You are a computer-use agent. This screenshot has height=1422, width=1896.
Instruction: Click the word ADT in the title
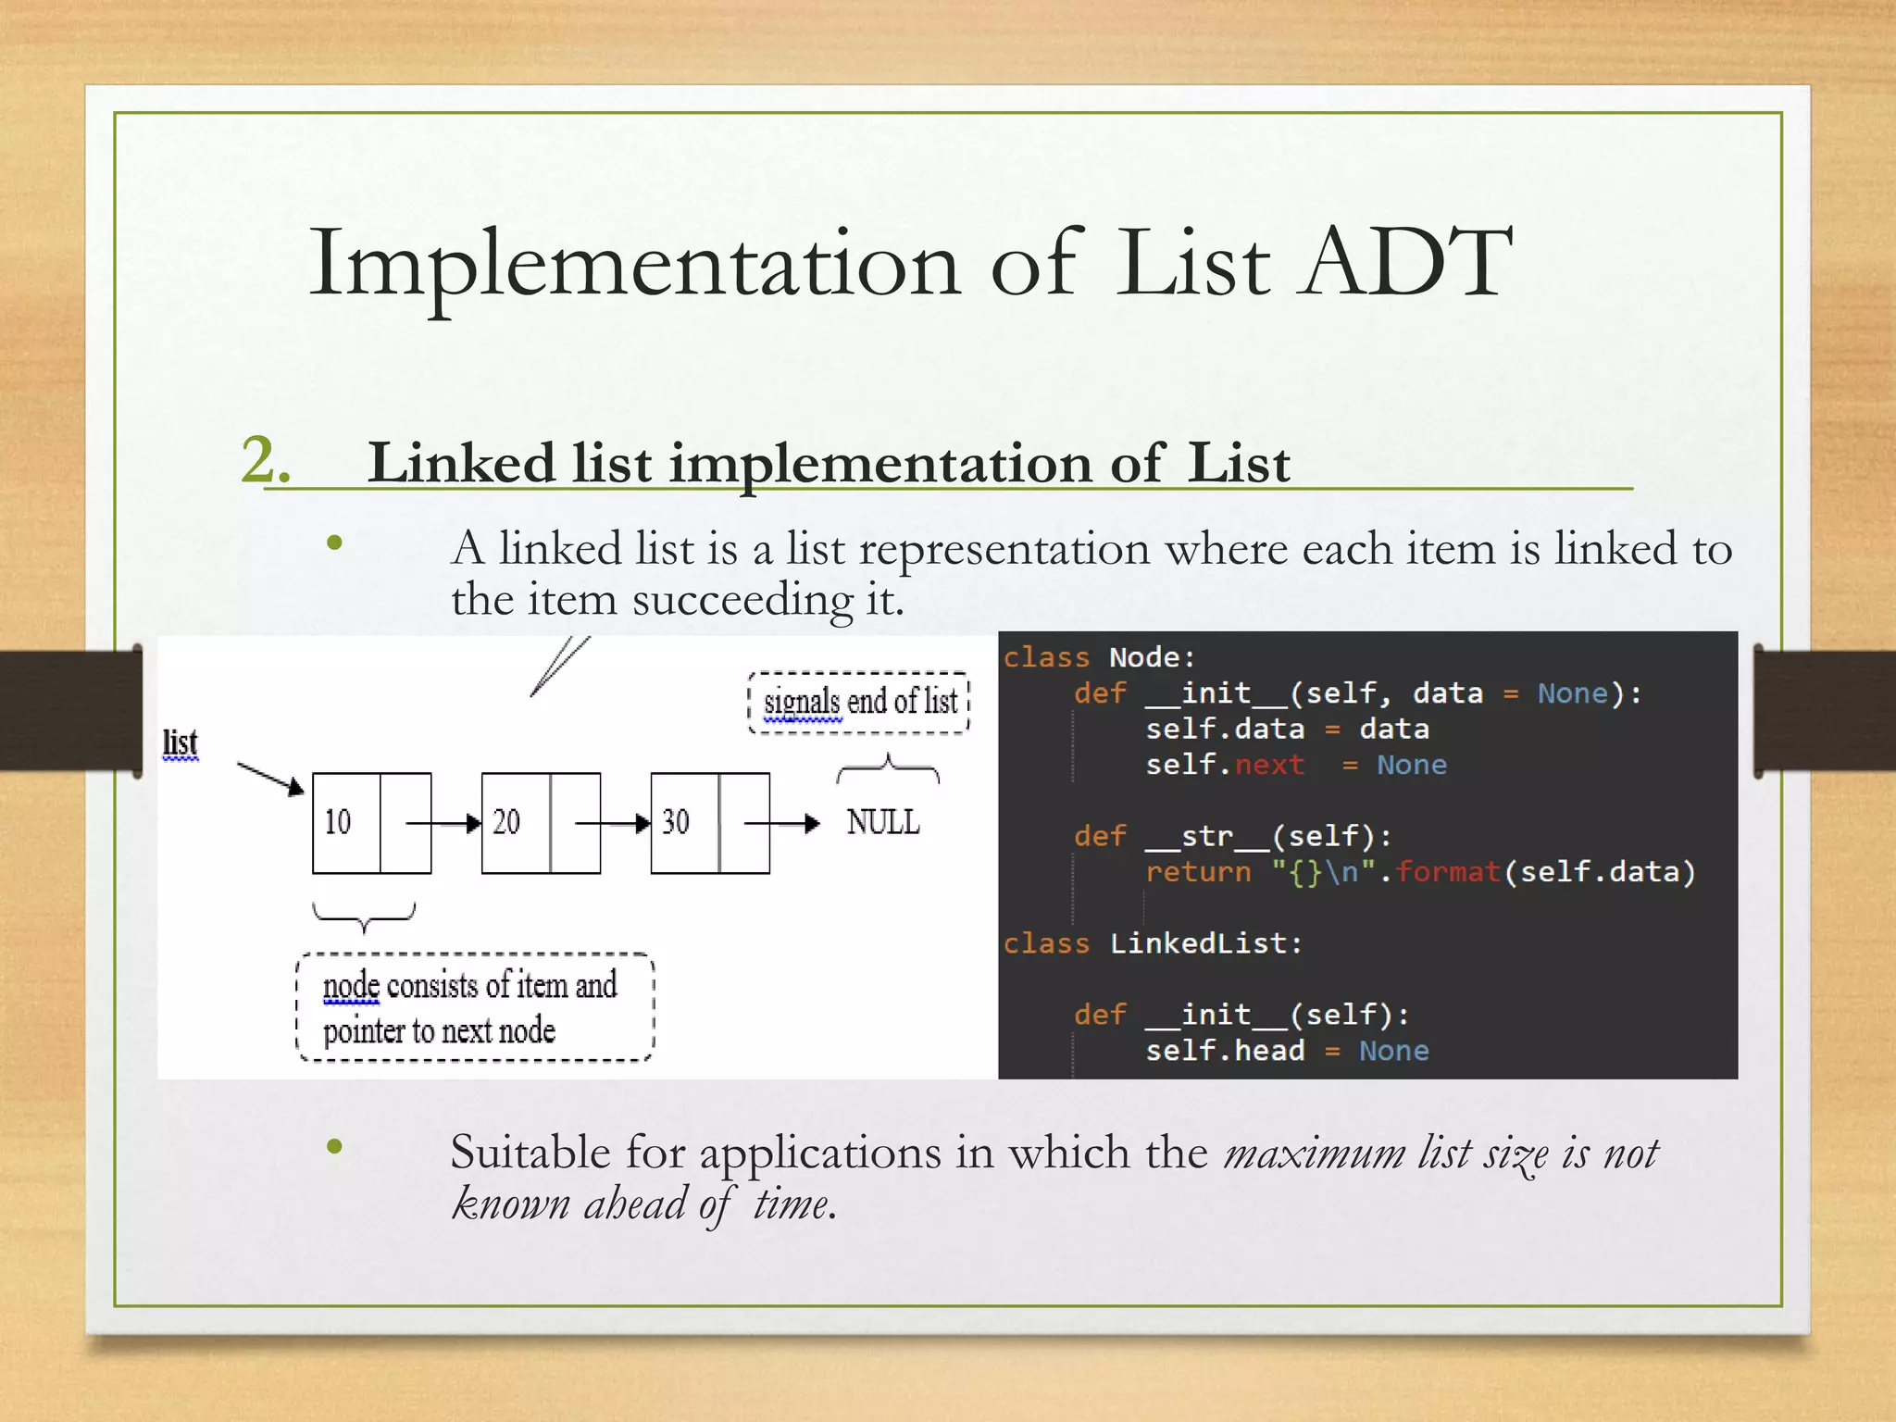click(1404, 264)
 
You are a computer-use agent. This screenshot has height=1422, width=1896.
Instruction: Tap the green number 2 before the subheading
click(265, 460)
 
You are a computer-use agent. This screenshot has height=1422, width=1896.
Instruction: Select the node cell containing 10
click(345, 822)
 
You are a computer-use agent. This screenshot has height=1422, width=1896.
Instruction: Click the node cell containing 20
click(515, 822)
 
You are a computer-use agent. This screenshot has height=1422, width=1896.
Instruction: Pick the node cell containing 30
click(684, 822)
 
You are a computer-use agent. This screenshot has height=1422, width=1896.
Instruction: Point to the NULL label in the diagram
click(883, 822)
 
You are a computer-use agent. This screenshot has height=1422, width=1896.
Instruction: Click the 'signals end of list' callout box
click(859, 702)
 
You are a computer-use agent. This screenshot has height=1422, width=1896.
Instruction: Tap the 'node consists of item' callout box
click(474, 1007)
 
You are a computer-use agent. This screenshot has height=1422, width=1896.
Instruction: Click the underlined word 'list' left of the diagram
click(181, 742)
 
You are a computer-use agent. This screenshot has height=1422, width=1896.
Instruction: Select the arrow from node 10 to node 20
click(444, 823)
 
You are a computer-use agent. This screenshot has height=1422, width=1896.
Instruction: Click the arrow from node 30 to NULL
click(782, 823)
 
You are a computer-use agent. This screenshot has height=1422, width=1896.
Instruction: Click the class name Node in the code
click(1144, 657)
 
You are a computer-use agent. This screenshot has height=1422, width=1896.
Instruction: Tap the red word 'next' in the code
click(1269, 765)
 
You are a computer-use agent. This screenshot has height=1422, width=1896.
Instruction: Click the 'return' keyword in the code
click(1198, 872)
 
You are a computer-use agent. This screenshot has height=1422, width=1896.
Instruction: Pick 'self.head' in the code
click(1224, 1051)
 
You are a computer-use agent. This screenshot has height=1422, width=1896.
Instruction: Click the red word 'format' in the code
click(1447, 872)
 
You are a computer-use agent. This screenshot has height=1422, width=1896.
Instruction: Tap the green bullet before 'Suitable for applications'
click(335, 1147)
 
